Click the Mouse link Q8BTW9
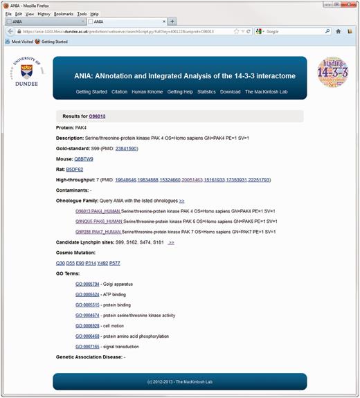coord(83,159)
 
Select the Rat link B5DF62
coord(74,169)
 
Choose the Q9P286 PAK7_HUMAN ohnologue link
coord(98,232)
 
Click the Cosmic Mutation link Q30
coord(60,263)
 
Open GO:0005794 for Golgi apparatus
coord(87,284)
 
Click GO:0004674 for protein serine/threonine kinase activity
coord(87,315)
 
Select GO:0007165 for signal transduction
coord(87,346)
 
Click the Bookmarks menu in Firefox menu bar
coord(63,13)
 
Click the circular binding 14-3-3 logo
coord(332,76)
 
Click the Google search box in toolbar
coord(291,31)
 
